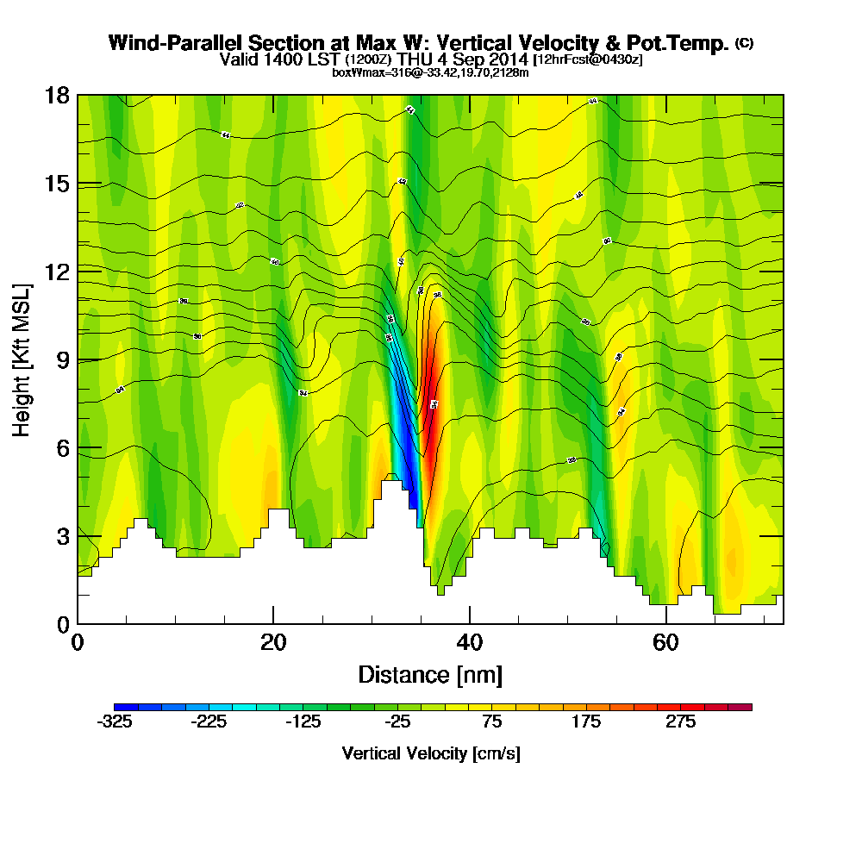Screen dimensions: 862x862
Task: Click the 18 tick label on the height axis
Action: click(x=57, y=95)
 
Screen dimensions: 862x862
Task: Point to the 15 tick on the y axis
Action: click(x=57, y=184)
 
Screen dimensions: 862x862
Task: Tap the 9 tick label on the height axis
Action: click(x=62, y=359)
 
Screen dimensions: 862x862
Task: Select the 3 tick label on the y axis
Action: click(x=62, y=536)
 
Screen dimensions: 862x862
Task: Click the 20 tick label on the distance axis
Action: click(x=273, y=642)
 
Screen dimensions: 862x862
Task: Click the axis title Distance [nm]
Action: click(x=430, y=674)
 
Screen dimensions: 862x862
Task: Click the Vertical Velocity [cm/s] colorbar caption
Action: click(x=431, y=753)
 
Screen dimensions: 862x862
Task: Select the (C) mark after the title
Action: click(x=745, y=43)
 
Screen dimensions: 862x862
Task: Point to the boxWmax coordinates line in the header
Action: click(x=430, y=72)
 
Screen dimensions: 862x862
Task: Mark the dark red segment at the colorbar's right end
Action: click(x=741, y=707)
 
